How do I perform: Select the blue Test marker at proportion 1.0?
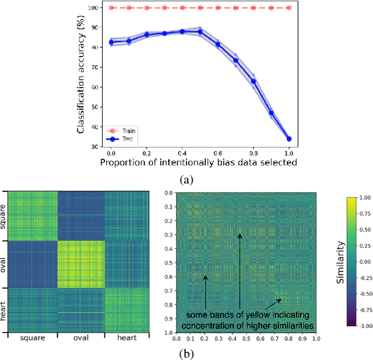click(x=289, y=139)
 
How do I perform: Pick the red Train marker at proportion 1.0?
click(x=289, y=8)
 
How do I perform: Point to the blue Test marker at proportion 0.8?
click(x=254, y=81)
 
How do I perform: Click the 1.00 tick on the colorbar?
click(x=365, y=197)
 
